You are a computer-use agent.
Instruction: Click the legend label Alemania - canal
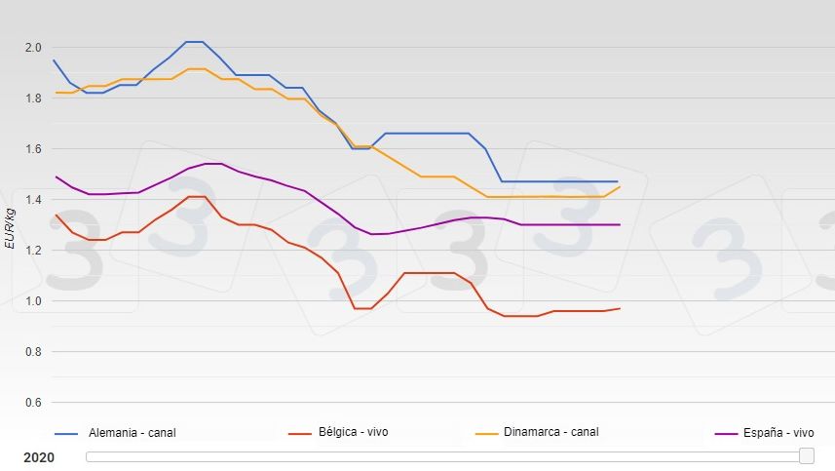coord(133,433)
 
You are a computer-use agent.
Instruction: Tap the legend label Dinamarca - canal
coord(550,432)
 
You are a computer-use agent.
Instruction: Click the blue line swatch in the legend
coord(66,433)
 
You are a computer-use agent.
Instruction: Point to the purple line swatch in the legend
coord(725,433)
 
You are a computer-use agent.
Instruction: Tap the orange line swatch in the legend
coord(486,433)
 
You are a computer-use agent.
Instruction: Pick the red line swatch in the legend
coord(301,433)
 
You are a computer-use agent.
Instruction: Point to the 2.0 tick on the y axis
coord(33,48)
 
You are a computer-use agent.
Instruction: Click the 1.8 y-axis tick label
coord(33,98)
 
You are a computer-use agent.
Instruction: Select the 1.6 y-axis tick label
coord(33,149)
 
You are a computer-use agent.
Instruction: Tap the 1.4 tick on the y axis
coord(33,200)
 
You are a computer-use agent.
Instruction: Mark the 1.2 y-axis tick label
coord(33,251)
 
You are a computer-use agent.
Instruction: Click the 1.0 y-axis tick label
coord(33,301)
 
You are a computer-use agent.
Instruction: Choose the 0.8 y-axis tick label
coord(33,352)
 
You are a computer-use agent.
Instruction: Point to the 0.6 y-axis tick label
coord(33,403)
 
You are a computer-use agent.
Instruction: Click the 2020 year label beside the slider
coord(39,457)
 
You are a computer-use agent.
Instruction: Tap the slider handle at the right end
coord(806,456)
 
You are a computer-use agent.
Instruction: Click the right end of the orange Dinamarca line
coord(620,186)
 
